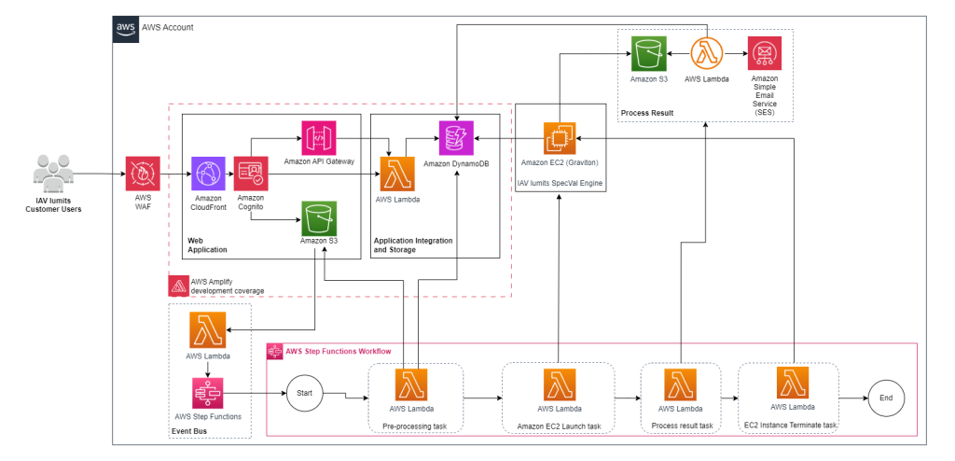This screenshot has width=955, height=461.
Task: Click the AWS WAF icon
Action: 144,174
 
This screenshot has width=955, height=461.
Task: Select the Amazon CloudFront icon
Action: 208,174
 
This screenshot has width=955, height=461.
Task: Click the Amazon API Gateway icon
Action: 318,137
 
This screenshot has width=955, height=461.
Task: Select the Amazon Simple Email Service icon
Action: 764,53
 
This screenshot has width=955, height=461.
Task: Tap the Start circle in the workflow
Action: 304,394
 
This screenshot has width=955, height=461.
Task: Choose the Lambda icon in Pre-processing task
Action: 412,384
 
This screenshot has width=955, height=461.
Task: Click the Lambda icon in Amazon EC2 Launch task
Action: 560,384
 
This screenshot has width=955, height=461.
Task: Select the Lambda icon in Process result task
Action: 680,384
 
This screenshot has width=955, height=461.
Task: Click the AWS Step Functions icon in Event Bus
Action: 208,393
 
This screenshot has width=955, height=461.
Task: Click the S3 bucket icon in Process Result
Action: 647,53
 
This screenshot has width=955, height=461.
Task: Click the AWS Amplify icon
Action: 178,286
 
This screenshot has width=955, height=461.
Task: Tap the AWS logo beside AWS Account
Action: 126,27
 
